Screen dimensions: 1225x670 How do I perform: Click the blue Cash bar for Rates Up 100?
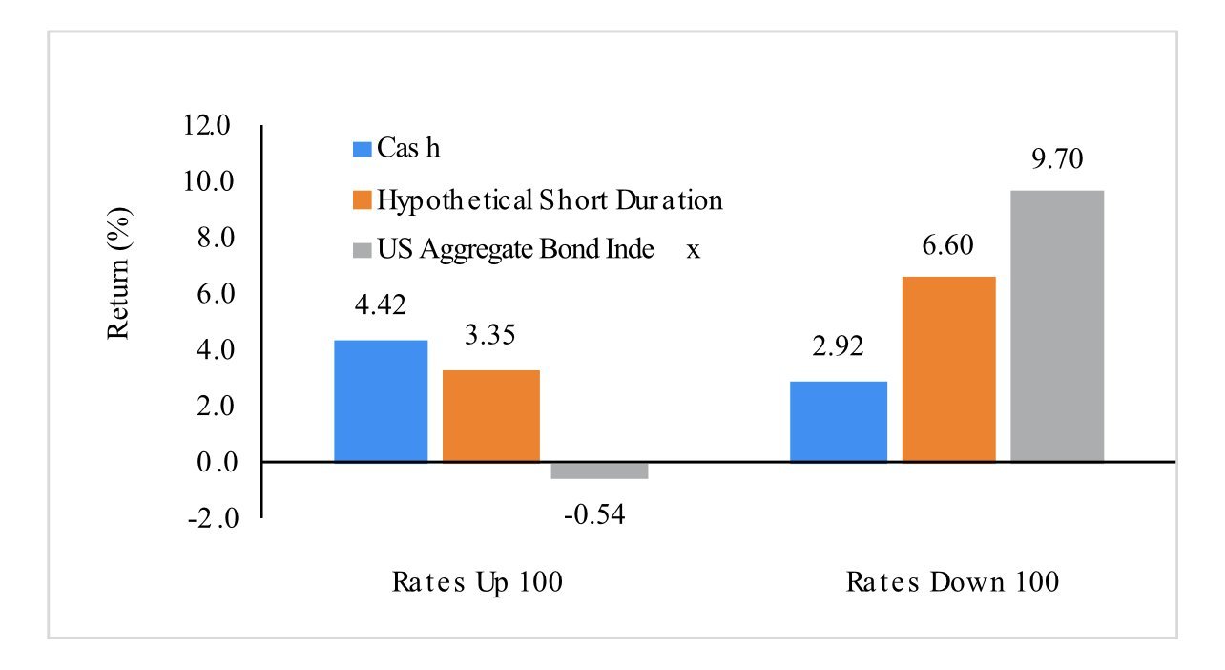pos(381,401)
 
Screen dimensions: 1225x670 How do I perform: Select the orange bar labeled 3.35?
pos(491,416)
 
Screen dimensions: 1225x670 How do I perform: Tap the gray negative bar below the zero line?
pos(599,471)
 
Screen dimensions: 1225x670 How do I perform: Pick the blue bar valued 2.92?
pos(839,422)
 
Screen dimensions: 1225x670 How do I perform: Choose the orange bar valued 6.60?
pos(949,369)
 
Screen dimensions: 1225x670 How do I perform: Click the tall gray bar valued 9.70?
pos(1057,326)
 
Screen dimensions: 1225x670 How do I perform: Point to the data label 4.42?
pos(380,304)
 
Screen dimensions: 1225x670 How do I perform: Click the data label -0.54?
pos(594,514)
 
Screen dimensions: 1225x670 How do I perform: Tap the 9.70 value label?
pos(1057,158)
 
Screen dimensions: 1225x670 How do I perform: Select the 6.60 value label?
pos(947,244)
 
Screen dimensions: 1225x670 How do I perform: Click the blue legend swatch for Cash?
pos(362,149)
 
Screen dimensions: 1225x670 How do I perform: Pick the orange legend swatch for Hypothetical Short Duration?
pos(362,199)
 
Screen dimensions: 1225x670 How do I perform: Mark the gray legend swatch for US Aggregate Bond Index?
pos(362,250)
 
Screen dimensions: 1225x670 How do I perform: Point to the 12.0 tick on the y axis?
pos(207,125)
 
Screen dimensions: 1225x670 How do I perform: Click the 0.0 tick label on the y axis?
pos(218,463)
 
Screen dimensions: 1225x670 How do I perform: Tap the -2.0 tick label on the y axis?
pos(214,518)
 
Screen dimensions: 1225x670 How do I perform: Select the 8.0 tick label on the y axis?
pos(216,238)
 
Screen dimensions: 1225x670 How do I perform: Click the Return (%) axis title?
pos(118,274)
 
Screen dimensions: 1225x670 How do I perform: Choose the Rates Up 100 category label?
pos(477,582)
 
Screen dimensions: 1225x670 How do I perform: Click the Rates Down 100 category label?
pos(952,582)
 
